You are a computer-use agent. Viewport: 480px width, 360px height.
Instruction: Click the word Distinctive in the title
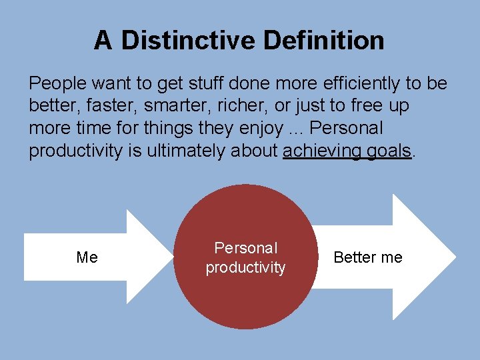pyautogui.click(x=189, y=41)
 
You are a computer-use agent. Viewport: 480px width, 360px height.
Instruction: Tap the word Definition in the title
pyautogui.click(x=324, y=41)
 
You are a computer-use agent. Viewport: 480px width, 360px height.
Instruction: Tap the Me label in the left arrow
pyautogui.click(x=87, y=257)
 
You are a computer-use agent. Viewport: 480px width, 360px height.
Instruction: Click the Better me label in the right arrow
pyautogui.click(x=368, y=257)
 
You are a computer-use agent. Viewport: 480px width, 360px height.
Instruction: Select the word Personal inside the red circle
pyautogui.click(x=245, y=248)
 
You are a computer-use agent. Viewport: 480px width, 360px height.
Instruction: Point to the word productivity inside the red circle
pyautogui.click(x=245, y=268)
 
